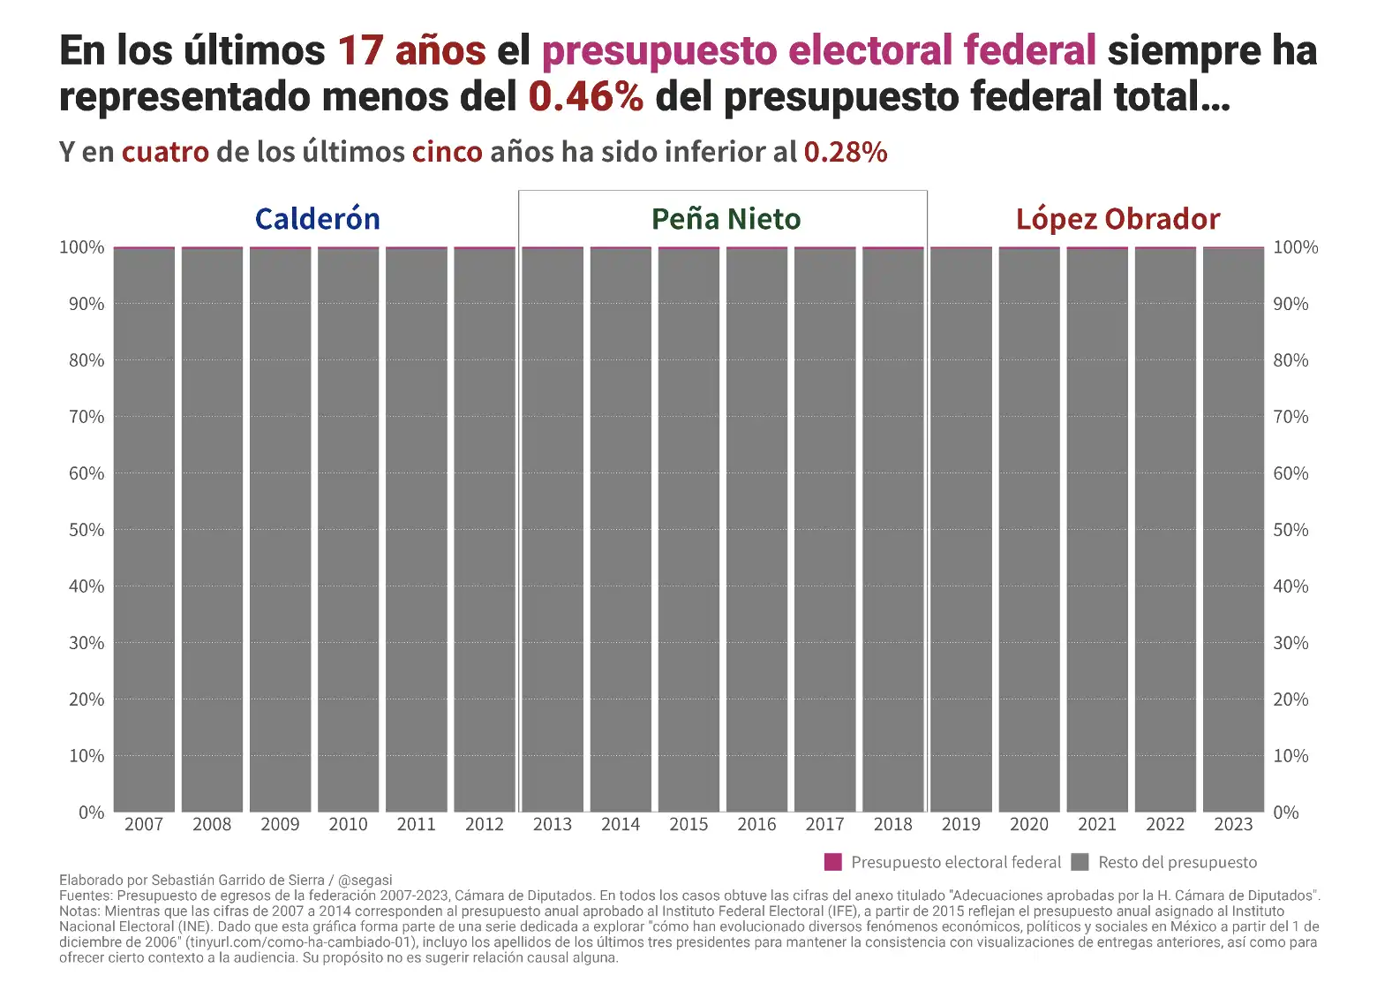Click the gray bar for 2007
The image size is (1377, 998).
[144, 530]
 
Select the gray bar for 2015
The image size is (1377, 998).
[688, 530]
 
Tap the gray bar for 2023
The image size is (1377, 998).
[1233, 530]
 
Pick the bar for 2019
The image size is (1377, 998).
[961, 530]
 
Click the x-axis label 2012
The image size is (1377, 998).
[485, 824]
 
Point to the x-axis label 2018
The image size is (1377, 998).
[892, 824]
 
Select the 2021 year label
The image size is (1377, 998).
[1097, 824]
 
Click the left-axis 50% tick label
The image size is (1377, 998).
[87, 530]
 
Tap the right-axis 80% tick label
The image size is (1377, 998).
[1290, 360]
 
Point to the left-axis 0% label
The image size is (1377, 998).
[91, 813]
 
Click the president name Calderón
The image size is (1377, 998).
[318, 219]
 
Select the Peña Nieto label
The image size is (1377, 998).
[726, 219]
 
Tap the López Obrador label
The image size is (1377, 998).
[1117, 219]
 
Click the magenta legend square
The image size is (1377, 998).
[832, 862]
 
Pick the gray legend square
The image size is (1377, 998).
[1080, 862]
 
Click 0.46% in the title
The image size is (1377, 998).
[586, 96]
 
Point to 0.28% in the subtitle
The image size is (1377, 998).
[845, 152]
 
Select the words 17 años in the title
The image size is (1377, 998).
[411, 50]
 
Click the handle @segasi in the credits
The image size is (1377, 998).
[365, 880]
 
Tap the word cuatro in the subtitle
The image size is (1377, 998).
[165, 152]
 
